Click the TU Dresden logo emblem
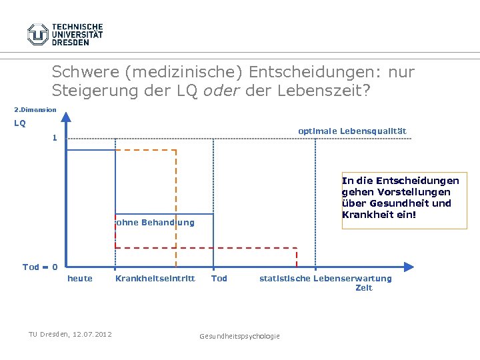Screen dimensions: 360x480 pyautogui.click(x=38, y=34)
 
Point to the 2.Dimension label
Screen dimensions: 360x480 pyautogui.click(x=35, y=110)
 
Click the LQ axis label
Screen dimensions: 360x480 pyautogui.click(x=20, y=123)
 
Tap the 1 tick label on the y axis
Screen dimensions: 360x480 pyautogui.click(x=55, y=139)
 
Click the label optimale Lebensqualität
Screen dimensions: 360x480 pyautogui.click(x=352, y=131)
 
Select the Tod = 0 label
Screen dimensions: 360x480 pyautogui.click(x=40, y=267)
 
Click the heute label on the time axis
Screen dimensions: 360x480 pyautogui.click(x=80, y=279)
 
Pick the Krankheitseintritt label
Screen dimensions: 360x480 pyautogui.click(x=155, y=279)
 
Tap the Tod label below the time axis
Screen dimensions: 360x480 pyautogui.click(x=219, y=279)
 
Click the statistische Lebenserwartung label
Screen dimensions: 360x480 pyautogui.click(x=325, y=279)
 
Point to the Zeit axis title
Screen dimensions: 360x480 pyautogui.click(x=364, y=288)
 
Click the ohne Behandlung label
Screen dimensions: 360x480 pyautogui.click(x=155, y=223)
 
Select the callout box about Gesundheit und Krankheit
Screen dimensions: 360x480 pyautogui.click(x=404, y=201)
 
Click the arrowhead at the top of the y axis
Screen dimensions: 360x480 pyautogui.click(x=66, y=118)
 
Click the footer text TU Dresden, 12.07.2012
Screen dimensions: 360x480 pyautogui.click(x=70, y=334)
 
